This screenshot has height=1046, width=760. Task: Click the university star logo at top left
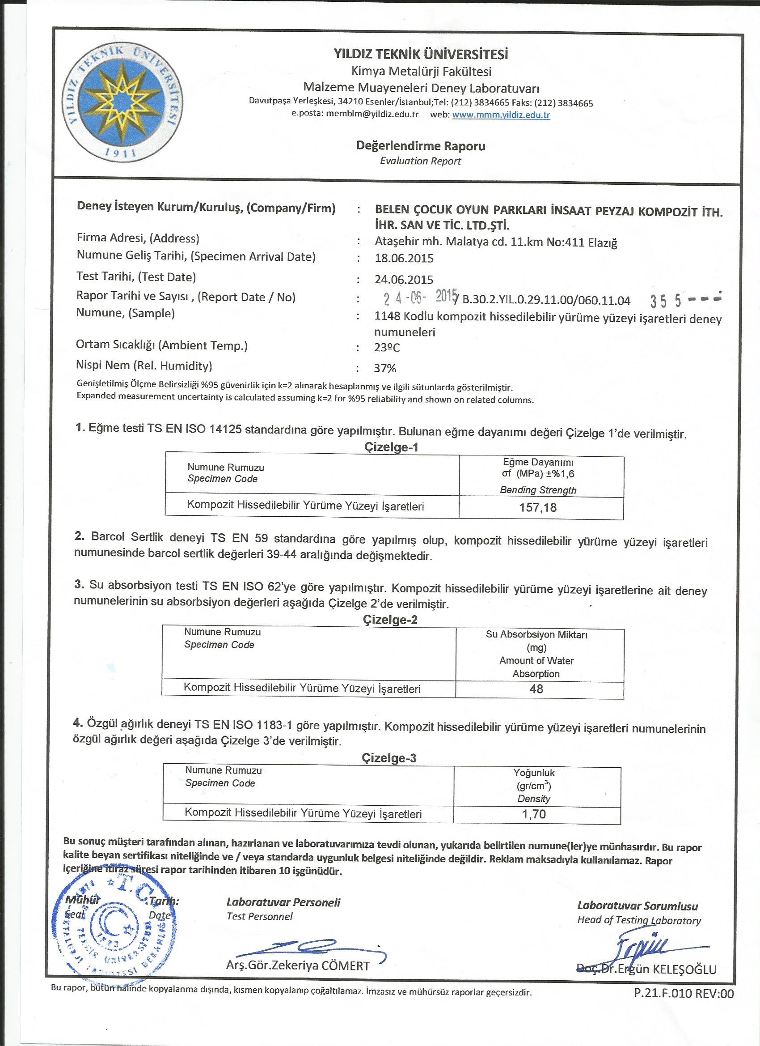click(123, 102)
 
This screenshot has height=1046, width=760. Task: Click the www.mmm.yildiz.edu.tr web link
click(501, 115)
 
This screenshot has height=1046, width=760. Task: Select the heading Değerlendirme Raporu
click(420, 146)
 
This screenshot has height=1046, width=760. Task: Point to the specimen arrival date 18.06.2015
click(404, 258)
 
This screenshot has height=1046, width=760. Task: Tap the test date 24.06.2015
click(404, 280)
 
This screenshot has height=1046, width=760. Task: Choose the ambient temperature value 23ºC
click(387, 348)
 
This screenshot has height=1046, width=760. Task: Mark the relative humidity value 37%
click(385, 368)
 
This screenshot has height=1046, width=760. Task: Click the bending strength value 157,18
click(538, 508)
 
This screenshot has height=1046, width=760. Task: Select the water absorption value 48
click(536, 689)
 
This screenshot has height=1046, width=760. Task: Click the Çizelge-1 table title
click(391, 447)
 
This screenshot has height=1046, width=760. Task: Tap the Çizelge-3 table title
click(389, 758)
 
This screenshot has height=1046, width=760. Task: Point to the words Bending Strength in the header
click(538, 490)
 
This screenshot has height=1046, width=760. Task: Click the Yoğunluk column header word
click(534, 773)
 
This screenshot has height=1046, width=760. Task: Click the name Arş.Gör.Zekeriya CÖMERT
click(298, 966)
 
